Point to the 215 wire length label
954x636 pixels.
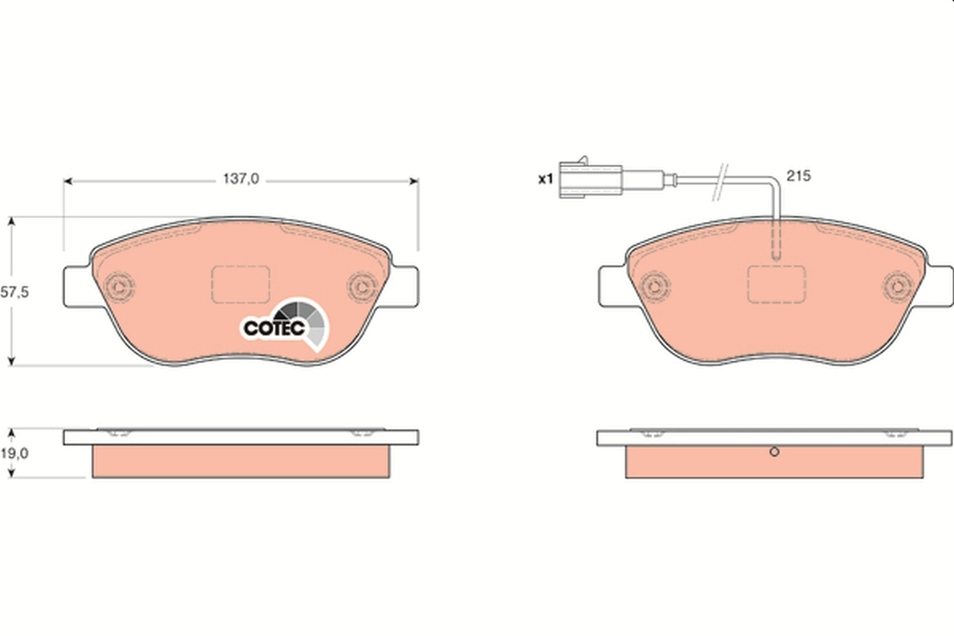pyautogui.click(x=797, y=176)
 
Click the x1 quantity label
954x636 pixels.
pyautogui.click(x=545, y=180)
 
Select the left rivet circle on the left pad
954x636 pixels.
pyautogui.click(x=122, y=285)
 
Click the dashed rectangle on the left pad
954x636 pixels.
pyautogui.click(x=240, y=285)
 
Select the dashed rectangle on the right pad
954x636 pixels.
pyautogui.click(x=777, y=285)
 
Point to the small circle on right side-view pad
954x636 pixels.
pyautogui.click(x=775, y=453)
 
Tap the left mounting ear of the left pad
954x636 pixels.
pyautogui.click(x=77, y=285)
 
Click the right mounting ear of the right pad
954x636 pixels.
pyautogui.click(x=938, y=285)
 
